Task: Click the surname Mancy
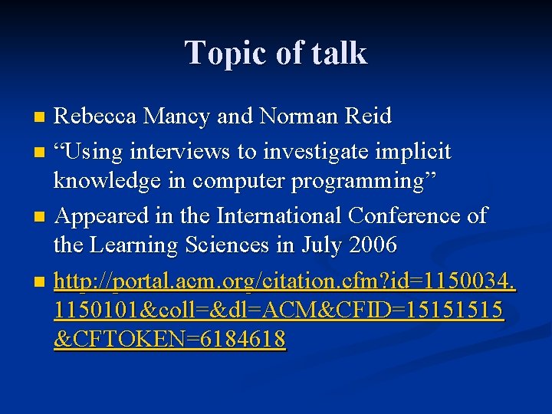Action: [177, 117]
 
